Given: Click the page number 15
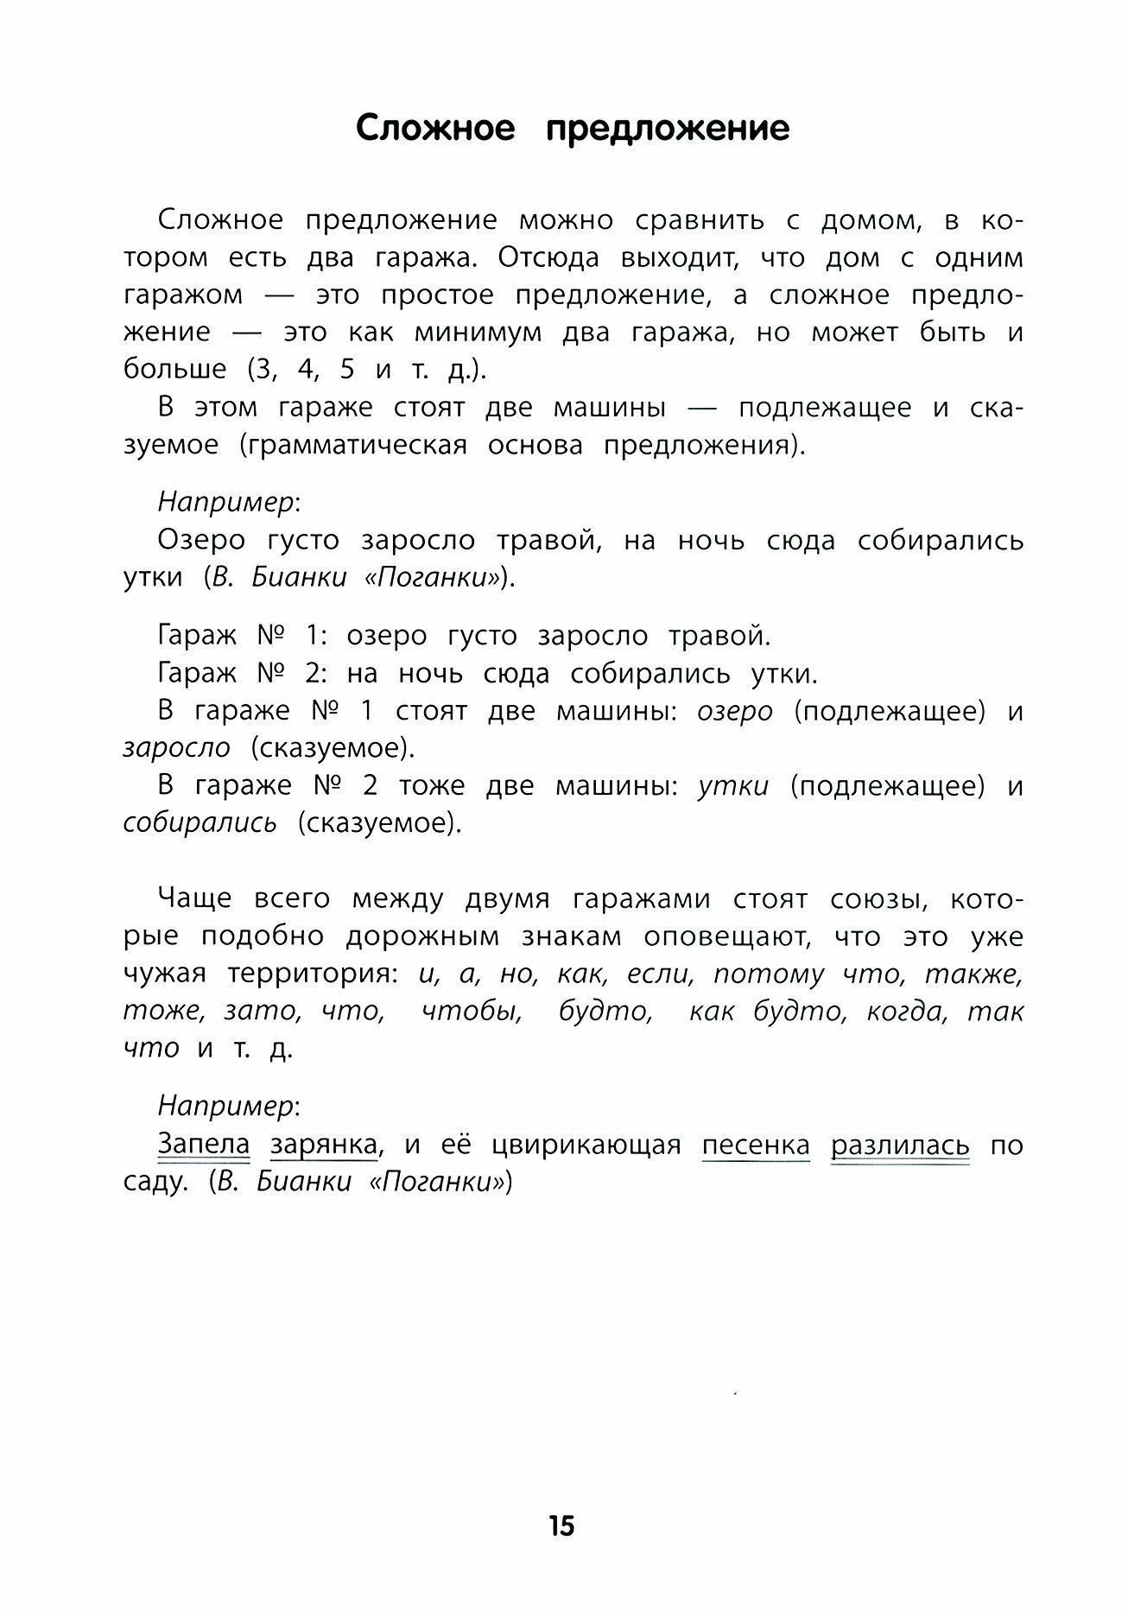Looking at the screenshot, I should click(x=561, y=1526).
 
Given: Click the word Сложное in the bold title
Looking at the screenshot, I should click(x=435, y=129).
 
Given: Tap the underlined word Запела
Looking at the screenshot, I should click(x=203, y=1145).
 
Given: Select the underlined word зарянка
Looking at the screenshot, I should click(x=324, y=1145).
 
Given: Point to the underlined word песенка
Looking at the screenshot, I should click(x=756, y=1145).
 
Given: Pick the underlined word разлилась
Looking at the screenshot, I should click(x=899, y=1145).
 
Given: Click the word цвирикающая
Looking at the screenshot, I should click(x=586, y=1145).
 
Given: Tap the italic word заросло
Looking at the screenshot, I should click(x=176, y=747).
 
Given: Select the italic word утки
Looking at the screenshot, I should click(x=732, y=785).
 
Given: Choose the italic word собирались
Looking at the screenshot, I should click(x=200, y=822).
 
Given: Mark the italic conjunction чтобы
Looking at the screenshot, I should click(x=472, y=1011).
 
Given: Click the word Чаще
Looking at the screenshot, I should click(x=194, y=899).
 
